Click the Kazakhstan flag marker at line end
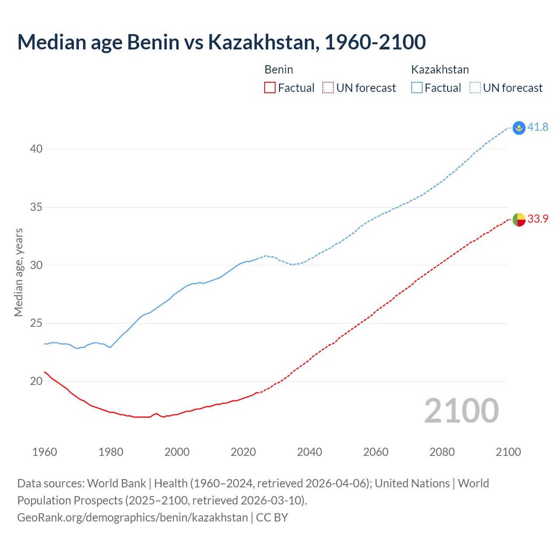(x=519, y=128)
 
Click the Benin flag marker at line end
(x=519, y=219)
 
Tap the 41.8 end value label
(x=538, y=127)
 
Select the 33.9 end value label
(x=538, y=219)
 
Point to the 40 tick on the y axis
(x=36, y=149)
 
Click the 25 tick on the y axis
(x=36, y=323)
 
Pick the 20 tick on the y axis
(x=36, y=381)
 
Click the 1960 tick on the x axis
(x=45, y=452)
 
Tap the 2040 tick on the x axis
(x=309, y=452)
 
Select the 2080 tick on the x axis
(x=442, y=452)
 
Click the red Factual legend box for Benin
(x=270, y=88)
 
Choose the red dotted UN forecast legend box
(x=328, y=88)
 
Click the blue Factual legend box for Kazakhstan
(x=417, y=88)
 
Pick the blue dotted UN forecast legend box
(x=475, y=88)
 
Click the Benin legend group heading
(x=279, y=70)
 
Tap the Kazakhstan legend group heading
(x=440, y=70)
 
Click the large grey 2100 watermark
(x=461, y=411)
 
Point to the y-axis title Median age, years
(x=18, y=272)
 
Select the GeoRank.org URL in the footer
(x=133, y=518)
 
